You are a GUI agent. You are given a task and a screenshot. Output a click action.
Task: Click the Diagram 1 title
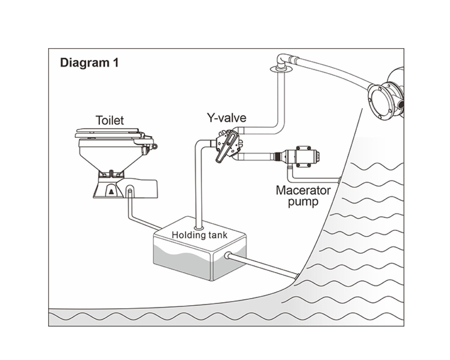click(89, 63)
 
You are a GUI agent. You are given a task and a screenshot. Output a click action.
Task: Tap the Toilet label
click(110, 120)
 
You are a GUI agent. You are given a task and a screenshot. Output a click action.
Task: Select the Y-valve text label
click(227, 117)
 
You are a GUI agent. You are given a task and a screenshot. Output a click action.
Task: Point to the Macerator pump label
click(303, 196)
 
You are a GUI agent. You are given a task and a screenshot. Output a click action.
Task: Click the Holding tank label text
click(199, 235)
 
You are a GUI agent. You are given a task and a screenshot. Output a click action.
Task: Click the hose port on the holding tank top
click(199, 228)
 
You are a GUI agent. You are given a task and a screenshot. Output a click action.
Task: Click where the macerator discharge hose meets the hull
click(339, 180)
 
